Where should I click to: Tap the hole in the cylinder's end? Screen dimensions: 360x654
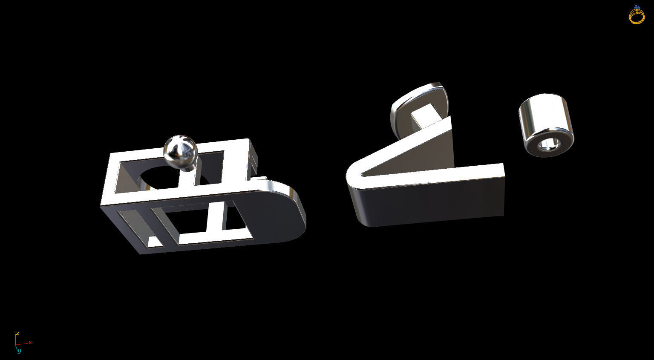[547, 145]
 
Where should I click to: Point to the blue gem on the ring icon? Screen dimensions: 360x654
[637, 7]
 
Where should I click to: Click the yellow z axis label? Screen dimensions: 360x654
[17, 333]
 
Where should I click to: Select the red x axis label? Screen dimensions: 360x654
[30, 343]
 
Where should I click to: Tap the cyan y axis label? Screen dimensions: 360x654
[19, 351]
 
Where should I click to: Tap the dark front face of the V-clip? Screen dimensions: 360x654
[426, 204]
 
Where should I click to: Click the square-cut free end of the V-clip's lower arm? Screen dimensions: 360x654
[503, 190]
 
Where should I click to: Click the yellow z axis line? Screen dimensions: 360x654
[16, 339]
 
